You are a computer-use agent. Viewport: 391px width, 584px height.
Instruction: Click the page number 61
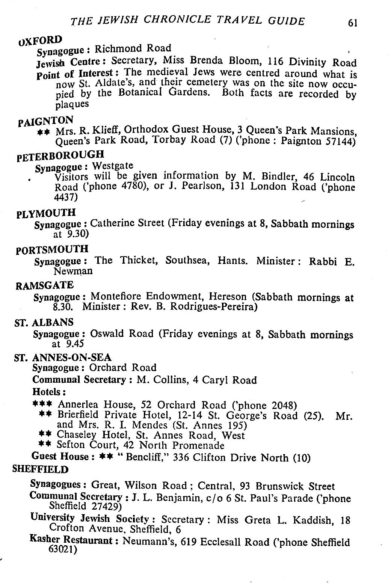point(352,23)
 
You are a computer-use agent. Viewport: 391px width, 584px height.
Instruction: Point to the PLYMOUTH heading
point(46,213)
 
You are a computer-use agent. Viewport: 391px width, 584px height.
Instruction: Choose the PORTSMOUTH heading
point(53,249)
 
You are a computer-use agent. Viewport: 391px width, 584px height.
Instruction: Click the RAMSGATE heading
point(44,286)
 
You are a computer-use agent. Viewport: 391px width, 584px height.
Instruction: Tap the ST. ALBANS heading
point(44,322)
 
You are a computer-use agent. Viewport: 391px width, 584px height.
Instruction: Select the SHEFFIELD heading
point(41,469)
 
